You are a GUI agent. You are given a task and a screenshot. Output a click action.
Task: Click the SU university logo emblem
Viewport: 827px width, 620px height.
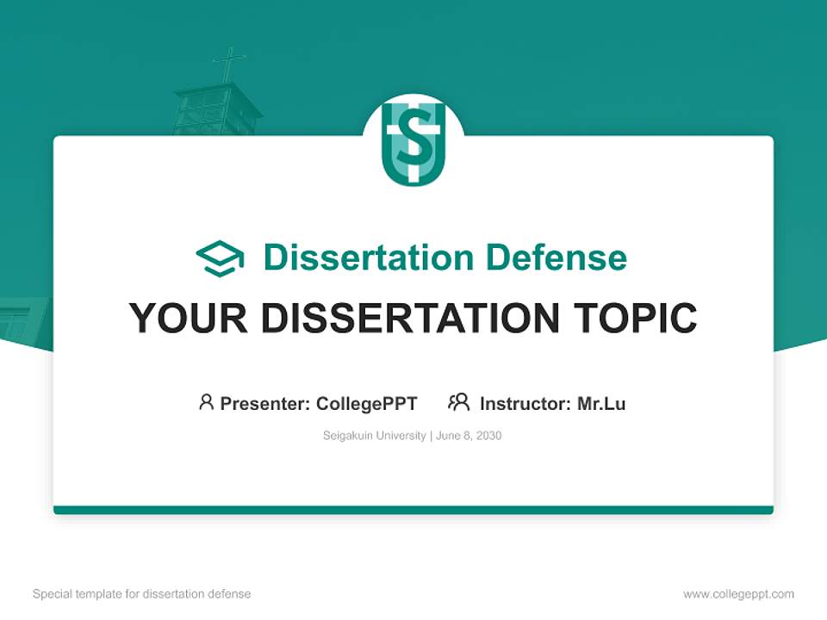tap(413, 144)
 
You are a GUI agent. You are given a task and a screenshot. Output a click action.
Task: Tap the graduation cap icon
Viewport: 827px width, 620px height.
tap(220, 258)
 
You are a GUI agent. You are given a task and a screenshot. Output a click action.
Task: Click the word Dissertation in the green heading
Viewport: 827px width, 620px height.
tap(369, 257)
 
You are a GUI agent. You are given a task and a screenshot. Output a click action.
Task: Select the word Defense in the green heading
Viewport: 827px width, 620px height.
tap(556, 257)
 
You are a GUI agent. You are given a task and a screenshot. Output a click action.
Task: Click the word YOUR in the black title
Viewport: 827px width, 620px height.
tap(189, 318)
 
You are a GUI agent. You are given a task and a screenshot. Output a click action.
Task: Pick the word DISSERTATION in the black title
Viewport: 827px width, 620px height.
tap(410, 318)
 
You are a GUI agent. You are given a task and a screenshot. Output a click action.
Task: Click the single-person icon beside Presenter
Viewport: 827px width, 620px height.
tap(206, 402)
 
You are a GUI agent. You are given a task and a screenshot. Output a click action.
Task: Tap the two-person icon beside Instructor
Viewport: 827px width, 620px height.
tap(458, 402)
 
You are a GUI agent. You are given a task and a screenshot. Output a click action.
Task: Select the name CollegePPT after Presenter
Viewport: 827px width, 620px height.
tap(367, 404)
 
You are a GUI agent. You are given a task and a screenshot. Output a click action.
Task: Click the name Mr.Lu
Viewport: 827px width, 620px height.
tap(601, 404)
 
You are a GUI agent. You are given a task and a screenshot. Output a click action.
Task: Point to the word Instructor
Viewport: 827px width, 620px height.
tap(525, 404)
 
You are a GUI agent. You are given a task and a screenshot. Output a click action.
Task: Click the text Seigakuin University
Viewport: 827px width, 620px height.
tap(375, 436)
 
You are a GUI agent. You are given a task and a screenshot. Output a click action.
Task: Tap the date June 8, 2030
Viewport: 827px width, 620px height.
tap(469, 436)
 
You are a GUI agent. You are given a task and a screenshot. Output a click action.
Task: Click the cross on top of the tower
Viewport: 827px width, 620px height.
tap(229, 65)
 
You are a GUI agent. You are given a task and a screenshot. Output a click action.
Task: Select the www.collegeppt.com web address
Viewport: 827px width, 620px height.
tap(738, 594)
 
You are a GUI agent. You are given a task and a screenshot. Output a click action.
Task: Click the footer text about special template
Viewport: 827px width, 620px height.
tap(142, 594)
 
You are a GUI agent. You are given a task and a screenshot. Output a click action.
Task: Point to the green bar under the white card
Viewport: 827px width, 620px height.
tap(413, 510)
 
